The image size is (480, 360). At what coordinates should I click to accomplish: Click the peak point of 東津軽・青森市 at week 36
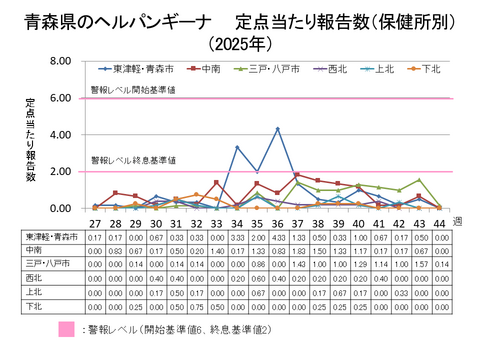click(x=277, y=129)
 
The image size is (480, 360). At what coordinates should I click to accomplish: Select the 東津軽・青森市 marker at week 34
click(x=237, y=147)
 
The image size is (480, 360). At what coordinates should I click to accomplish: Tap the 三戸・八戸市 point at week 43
click(x=419, y=180)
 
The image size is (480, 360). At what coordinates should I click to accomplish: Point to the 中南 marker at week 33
click(x=216, y=182)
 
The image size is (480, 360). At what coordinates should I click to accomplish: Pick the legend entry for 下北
click(x=430, y=68)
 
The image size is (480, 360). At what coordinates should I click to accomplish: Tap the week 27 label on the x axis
click(x=95, y=222)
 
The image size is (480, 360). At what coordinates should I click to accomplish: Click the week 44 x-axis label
click(x=439, y=222)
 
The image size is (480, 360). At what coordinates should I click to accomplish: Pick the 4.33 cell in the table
click(x=277, y=236)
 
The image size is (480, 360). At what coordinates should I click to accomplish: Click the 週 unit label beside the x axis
click(x=456, y=219)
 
